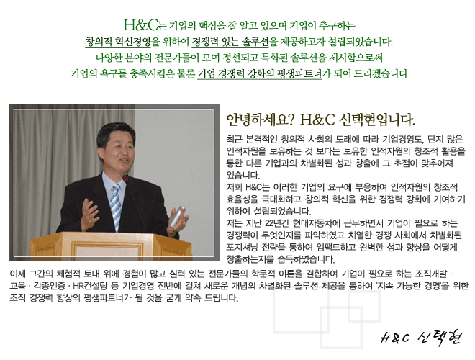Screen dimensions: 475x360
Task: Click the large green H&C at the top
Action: [x=140, y=25]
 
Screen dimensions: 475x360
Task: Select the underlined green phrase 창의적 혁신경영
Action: [x=118, y=42]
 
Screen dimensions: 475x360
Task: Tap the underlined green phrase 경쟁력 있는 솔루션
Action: [x=230, y=42]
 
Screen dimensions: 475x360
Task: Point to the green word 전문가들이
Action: [x=177, y=58]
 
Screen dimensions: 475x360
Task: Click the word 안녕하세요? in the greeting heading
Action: [x=261, y=120]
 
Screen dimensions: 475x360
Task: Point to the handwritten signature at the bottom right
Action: [x=421, y=337]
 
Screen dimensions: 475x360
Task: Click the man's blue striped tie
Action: [x=115, y=203]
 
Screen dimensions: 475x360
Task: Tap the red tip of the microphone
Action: [x=126, y=178]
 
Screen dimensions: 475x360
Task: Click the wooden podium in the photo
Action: [x=111, y=246]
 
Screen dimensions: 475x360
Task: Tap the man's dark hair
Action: [x=115, y=132]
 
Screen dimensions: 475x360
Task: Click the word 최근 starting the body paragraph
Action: [x=234, y=139]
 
